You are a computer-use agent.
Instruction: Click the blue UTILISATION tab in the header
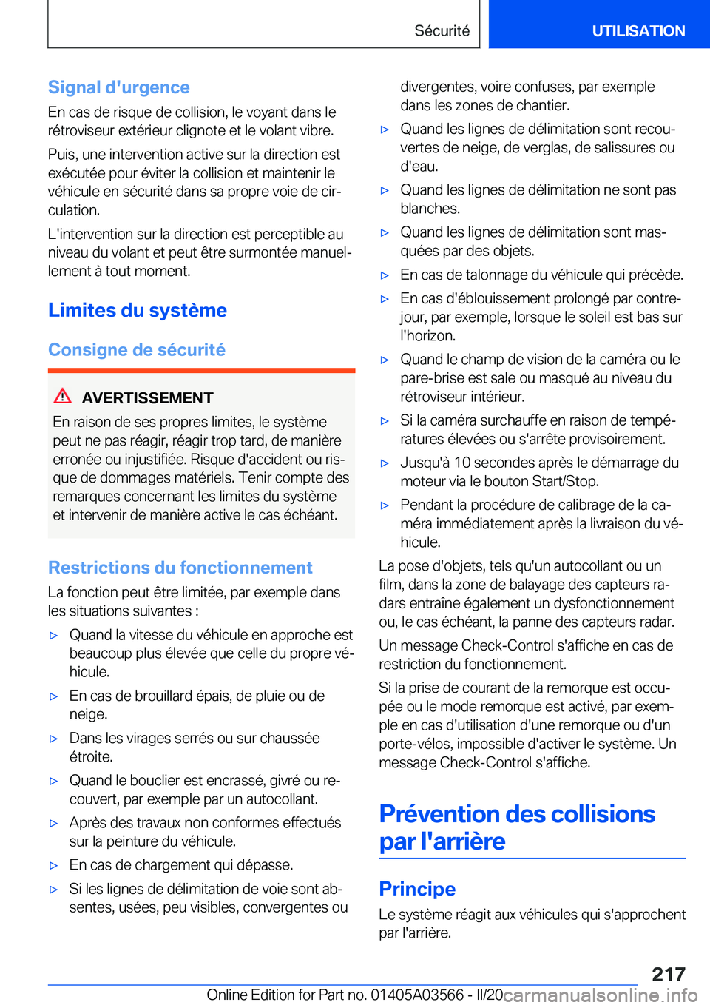(638, 31)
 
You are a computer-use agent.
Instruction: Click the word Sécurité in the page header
(442, 31)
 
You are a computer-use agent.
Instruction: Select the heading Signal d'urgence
(119, 87)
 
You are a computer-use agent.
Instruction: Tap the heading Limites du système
(138, 310)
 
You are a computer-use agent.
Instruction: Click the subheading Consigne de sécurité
(137, 349)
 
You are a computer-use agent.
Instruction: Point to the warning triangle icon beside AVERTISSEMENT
(63, 396)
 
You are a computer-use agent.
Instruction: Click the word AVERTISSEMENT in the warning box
(147, 398)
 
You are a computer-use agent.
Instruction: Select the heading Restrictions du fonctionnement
(180, 568)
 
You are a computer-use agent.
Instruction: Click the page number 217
(669, 974)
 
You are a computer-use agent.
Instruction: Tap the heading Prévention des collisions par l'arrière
(516, 827)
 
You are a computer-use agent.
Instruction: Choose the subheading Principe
(417, 889)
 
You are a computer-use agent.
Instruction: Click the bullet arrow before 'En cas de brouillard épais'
(53, 696)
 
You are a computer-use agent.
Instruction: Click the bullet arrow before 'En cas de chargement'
(53, 866)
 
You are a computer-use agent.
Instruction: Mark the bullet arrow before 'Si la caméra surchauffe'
(385, 421)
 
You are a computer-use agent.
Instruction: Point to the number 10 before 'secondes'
(462, 463)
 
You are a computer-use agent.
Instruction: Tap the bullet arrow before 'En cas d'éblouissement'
(385, 299)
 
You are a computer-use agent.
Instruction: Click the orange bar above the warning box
(201, 370)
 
